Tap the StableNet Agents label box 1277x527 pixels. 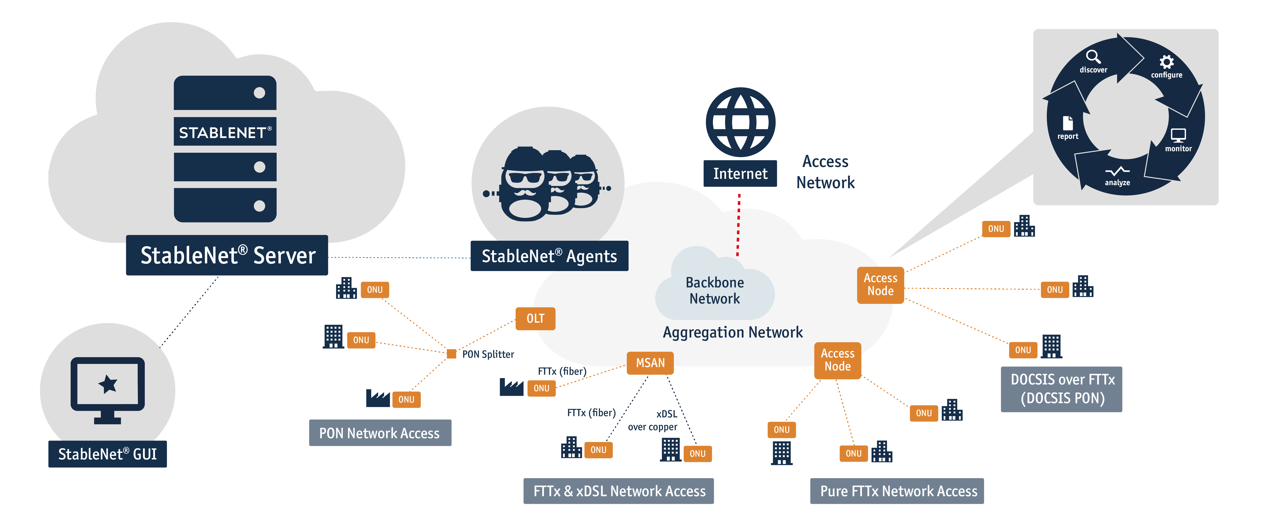(x=549, y=256)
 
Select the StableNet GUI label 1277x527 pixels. (x=108, y=454)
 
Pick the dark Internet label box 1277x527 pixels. (x=740, y=174)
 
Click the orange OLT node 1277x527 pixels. (x=535, y=318)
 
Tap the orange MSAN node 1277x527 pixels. (x=650, y=363)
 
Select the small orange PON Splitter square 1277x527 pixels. (x=451, y=353)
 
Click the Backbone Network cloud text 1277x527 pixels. (x=715, y=291)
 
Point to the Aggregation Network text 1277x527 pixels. (x=733, y=332)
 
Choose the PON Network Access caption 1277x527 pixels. (x=380, y=433)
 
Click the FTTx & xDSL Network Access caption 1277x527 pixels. (x=619, y=491)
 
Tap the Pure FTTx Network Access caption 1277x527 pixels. (x=897, y=491)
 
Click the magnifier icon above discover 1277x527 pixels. (x=1093, y=57)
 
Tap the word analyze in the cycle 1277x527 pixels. (x=1117, y=182)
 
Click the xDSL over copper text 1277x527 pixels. (x=653, y=420)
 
